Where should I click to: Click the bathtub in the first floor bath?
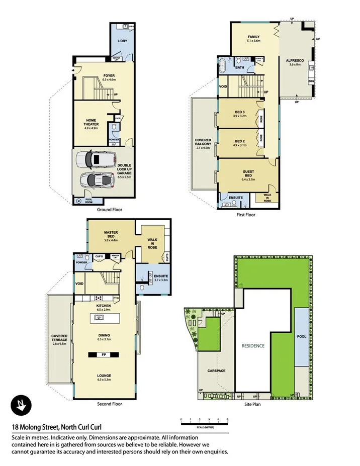click(224, 66)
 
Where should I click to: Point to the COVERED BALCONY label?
click(203, 144)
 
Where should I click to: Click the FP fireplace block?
click(104, 354)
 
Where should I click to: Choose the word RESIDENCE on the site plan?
click(253, 346)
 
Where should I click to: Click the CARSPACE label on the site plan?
click(216, 371)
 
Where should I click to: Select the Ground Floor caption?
click(109, 210)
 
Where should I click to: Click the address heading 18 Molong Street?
click(57, 427)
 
